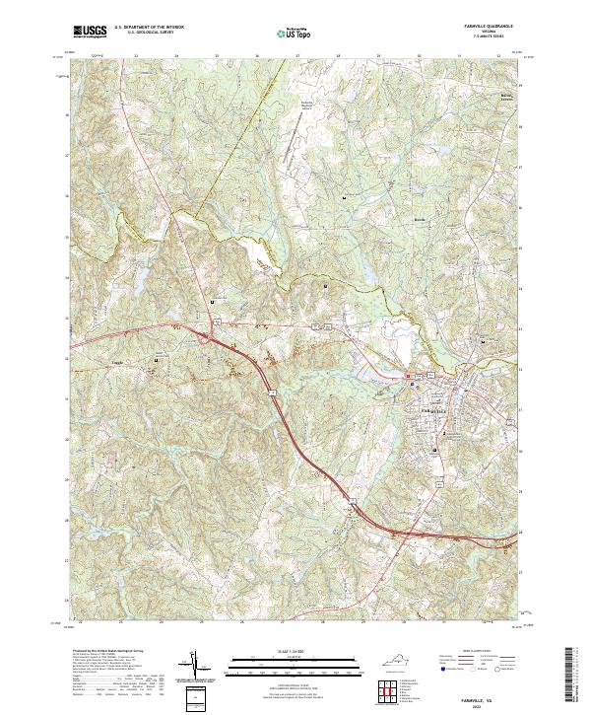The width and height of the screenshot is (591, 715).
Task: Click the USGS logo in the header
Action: point(90,32)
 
